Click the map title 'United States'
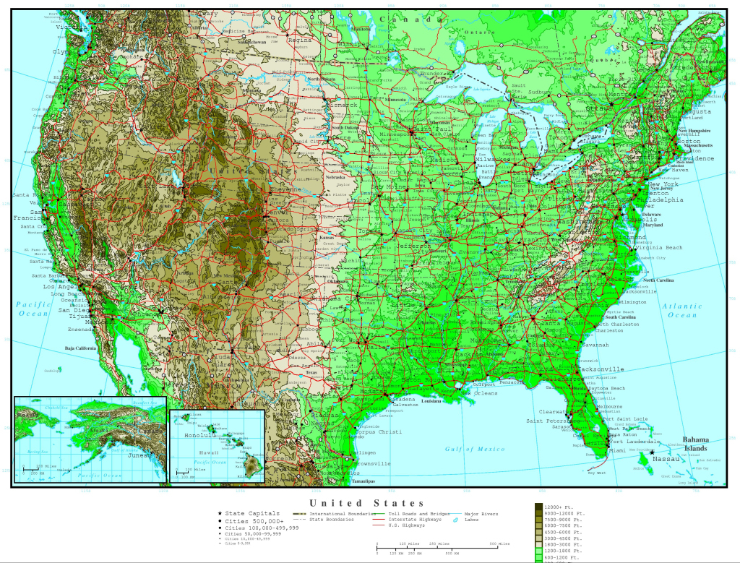point(367,503)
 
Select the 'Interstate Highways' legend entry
point(404,520)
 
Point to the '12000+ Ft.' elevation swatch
point(539,507)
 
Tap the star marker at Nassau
point(651,452)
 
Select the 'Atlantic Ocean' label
point(682,311)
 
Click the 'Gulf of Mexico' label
point(475,450)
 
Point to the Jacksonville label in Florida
point(601,369)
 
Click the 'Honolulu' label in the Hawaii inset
point(199,436)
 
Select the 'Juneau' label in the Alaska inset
point(139,455)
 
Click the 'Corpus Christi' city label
point(381,431)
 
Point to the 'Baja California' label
point(81,349)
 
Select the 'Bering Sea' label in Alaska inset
point(33,450)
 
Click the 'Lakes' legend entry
point(471,520)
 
